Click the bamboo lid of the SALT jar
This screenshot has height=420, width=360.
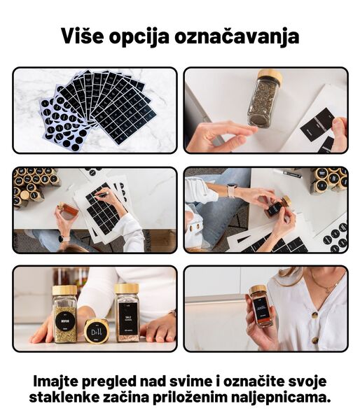pyautogui.click(x=127, y=288)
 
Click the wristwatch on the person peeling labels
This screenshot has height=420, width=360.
pyautogui.click(x=231, y=190)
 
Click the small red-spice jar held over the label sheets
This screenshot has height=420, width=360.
pyautogui.click(x=68, y=211)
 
